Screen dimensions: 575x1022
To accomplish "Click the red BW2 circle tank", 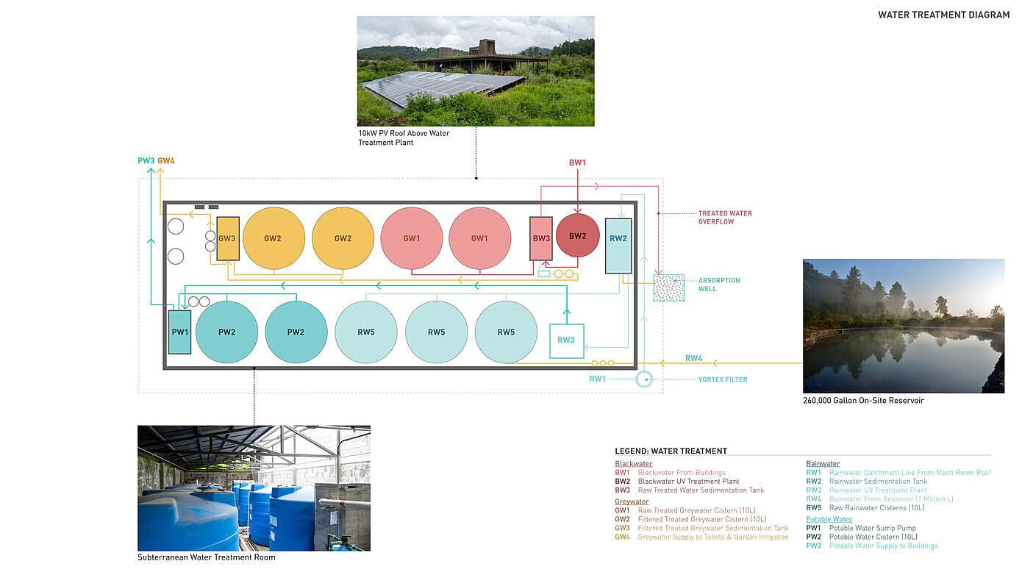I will pyautogui.click(x=577, y=235).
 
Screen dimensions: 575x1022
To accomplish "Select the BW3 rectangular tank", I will pyautogui.click(x=541, y=238).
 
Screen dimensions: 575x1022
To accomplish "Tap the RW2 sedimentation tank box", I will pyautogui.click(x=618, y=246).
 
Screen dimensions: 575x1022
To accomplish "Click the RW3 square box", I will pyautogui.click(x=566, y=340).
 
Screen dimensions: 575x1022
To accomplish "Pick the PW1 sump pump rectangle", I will pyautogui.click(x=179, y=332).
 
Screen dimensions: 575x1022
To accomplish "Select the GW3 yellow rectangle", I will pyautogui.click(x=227, y=238).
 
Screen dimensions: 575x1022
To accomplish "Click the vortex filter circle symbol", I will pyautogui.click(x=644, y=379).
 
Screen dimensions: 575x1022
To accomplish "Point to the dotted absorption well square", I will pyautogui.click(x=668, y=287).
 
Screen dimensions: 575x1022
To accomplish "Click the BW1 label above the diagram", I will pyautogui.click(x=577, y=162).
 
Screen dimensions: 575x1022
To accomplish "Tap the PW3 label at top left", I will pyautogui.click(x=146, y=161).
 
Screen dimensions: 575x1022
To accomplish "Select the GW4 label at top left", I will pyautogui.click(x=166, y=161).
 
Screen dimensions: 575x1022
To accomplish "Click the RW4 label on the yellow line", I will pyautogui.click(x=693, y=359).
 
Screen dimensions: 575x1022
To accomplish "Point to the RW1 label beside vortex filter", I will pyautogui.click(x=598, y=379).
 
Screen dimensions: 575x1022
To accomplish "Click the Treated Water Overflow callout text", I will pyautogui.click(x=724, y=218).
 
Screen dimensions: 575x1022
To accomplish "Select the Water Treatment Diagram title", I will pyautogui.click(x=943, y=15).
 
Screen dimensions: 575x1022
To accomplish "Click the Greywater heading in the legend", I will pyautogui.click(x=632, y=501).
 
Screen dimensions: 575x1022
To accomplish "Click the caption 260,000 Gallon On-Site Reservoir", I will pyautogui.click(x=863, y=401).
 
